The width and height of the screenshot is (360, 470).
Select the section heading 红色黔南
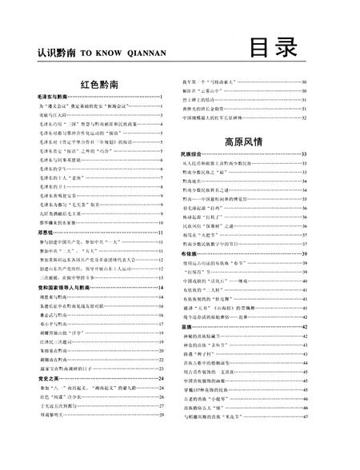(100, 83)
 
